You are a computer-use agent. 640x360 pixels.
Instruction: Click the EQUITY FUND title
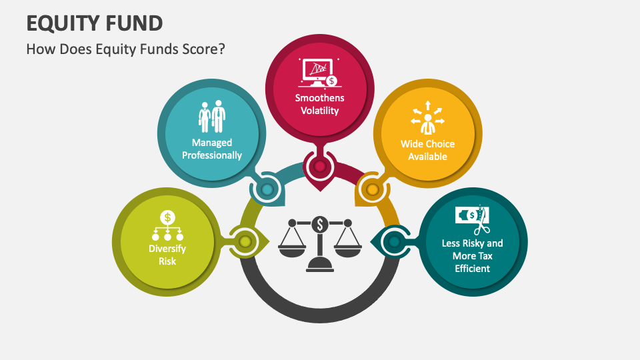point(94,23)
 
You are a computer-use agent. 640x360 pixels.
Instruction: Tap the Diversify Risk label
point(167,255)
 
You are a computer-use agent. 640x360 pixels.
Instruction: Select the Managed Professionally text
point(212,149)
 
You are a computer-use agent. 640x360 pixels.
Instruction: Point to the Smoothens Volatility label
point(320,104)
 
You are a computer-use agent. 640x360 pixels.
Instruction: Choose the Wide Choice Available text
point(427,150)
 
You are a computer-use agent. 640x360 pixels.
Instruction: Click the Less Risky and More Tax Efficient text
point(473,255)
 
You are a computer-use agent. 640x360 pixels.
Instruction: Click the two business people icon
point(212,117)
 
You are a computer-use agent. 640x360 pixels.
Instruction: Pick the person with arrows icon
point(427,118)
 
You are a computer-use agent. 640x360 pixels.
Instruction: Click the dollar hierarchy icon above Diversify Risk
point(167,226)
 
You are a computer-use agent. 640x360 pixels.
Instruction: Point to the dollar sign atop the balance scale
point(320,225)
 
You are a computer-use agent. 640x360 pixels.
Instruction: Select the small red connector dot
point(320,166)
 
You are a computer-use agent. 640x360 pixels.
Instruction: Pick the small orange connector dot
point(373,190)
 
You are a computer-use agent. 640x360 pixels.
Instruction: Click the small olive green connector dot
point(245,241)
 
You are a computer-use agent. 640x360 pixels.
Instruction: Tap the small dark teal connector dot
point(394,241)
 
